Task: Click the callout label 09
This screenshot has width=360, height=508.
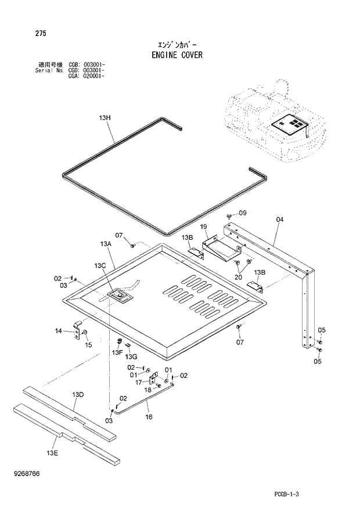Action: click(243, 212)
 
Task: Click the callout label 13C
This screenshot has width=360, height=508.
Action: click(99, 265)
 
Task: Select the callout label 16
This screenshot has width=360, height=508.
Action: click(149, 417)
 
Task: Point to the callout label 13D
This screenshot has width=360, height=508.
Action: click(78, 395)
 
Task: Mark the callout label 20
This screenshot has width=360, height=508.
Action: click(237, 277)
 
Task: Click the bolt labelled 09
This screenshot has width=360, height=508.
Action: click(229, 216)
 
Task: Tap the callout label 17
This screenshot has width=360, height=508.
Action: click(139, 382)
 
